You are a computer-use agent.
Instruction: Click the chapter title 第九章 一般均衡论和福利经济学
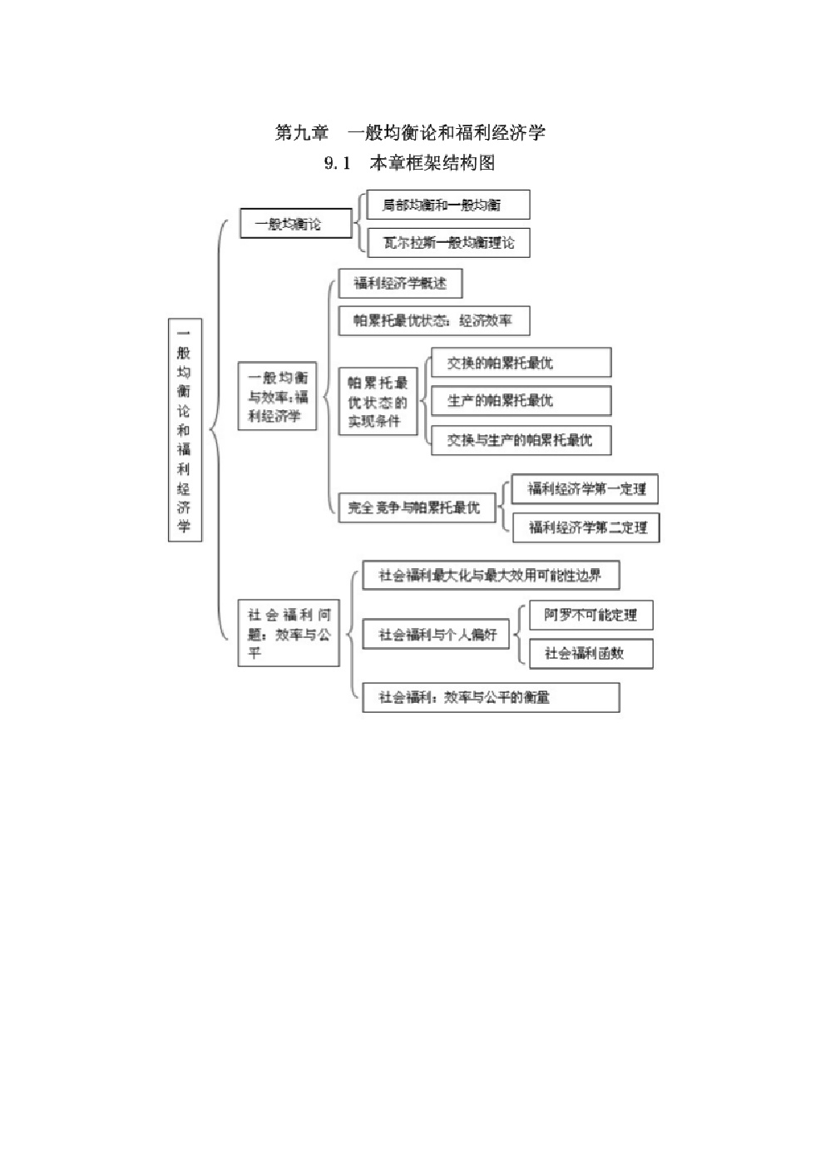click(410, 132)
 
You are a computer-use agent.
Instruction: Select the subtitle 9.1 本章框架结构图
click(410, 163)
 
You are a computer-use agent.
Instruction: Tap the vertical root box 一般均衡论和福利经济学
click(185, 429)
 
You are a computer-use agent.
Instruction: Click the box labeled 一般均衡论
click(295, 224)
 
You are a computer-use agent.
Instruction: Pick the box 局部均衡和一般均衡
click(447, 205)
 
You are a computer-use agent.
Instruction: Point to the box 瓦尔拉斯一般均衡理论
click(447, 243)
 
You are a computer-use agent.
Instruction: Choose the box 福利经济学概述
click(400, 284)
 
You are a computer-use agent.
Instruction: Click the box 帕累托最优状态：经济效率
click(433, 320)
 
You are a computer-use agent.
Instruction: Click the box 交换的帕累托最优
click(521, 363)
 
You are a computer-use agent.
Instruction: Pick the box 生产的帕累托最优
click(521, 401)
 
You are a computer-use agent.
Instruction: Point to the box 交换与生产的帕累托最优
click(521, 439)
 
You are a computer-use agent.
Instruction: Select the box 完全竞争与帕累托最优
click(415, 507)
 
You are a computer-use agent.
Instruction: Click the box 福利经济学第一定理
click(585, 489)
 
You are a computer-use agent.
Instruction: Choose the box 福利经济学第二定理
click(585, 527)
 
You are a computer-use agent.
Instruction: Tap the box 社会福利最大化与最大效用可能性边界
click(491, 576)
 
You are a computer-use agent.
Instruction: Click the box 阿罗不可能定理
click(590, 616)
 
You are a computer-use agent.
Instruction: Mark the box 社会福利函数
click(590, 653)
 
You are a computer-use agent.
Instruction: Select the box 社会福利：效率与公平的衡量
click(491, 697)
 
